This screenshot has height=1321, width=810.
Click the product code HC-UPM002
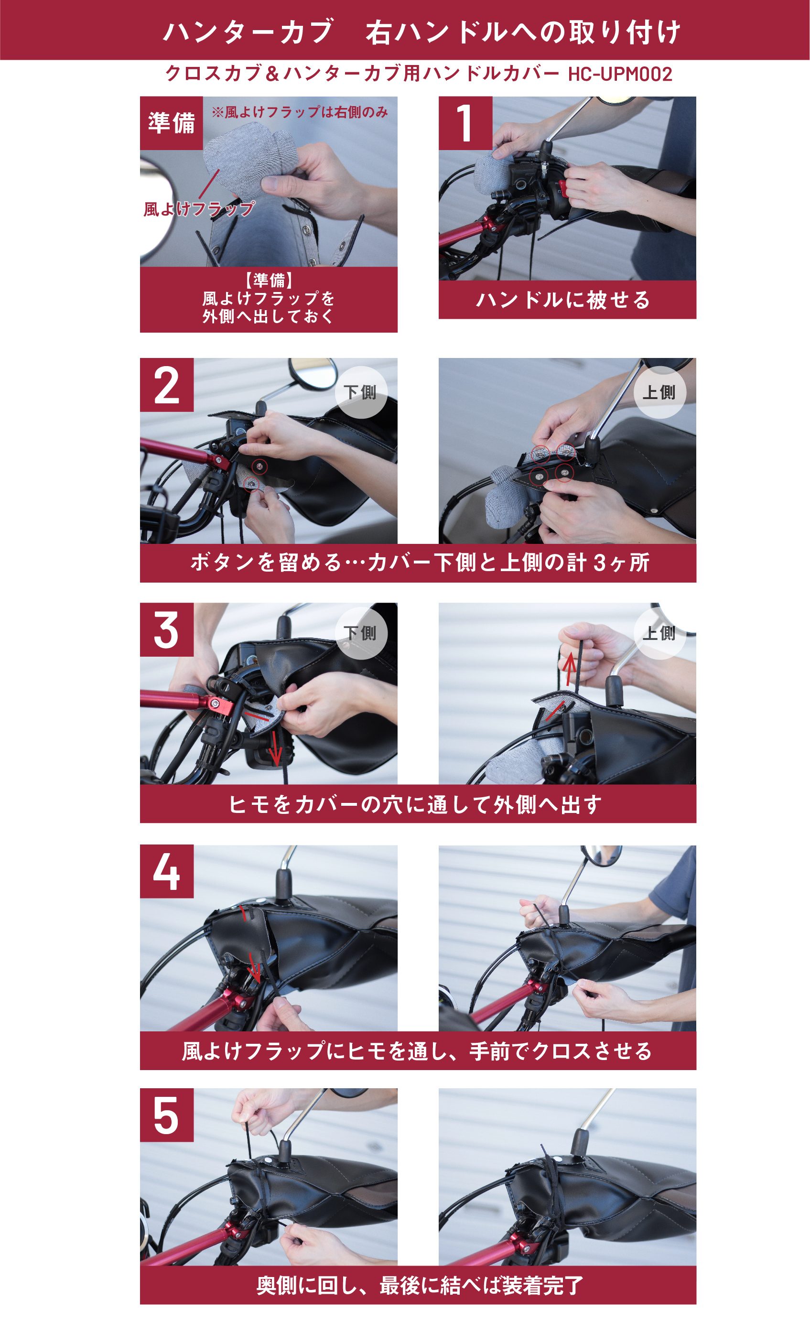point(620,74)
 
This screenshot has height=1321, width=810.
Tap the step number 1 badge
point(465,123)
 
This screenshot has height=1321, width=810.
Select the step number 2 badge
point(167,385)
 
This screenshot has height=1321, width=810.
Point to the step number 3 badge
point(167,629)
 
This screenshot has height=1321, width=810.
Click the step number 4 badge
point(167,872)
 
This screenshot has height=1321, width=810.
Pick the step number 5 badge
point(167,1115)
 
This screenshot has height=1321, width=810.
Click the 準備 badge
point(172,123)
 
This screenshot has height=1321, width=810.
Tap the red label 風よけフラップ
point(199,209)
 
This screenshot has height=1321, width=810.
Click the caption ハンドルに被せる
point(563,300)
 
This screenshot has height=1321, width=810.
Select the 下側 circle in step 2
point(361,392)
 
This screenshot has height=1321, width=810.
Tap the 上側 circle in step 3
point(660,633)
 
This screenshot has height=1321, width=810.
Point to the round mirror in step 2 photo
point(313,374)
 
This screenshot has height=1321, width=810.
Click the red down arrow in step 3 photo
point(275,748)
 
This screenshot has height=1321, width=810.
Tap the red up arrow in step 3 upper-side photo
point(569,668)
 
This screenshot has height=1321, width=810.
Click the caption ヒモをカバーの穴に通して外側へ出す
point(415,805)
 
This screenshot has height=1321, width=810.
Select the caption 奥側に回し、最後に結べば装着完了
point(419,1286)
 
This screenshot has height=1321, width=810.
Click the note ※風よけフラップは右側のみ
point(300,112)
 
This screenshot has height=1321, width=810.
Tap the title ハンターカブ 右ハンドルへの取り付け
point(422,32)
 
